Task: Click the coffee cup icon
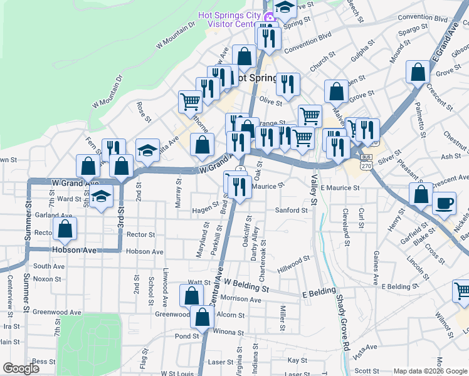coord(444,204)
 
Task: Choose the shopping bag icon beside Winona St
coord(203,318)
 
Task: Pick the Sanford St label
coord(292,211)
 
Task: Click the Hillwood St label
coord(295,259)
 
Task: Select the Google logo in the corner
coord(21,368)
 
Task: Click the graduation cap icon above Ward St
coord(100,197)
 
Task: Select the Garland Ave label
coord(50,214)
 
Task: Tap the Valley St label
coord(314,189)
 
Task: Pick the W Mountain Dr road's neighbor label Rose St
coord(144,111)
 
